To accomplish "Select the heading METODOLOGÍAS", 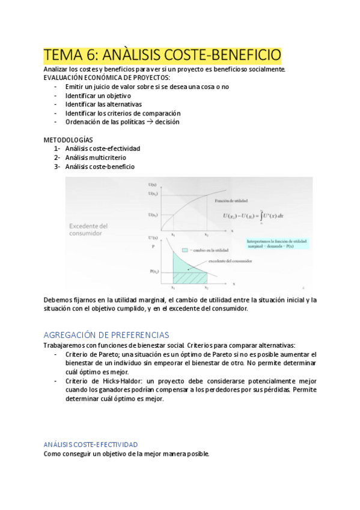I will (x=68, y=140).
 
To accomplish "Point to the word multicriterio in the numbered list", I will (x=108, y=158).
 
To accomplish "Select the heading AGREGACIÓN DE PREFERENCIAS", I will (x=106, y=334).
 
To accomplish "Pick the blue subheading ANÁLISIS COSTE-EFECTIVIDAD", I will (x=91, y=444).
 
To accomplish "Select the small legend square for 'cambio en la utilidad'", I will (x=185, y=250).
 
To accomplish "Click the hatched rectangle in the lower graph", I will (x=190, y=278).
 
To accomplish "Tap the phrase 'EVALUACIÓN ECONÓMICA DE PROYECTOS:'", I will (x=106, y=78).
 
